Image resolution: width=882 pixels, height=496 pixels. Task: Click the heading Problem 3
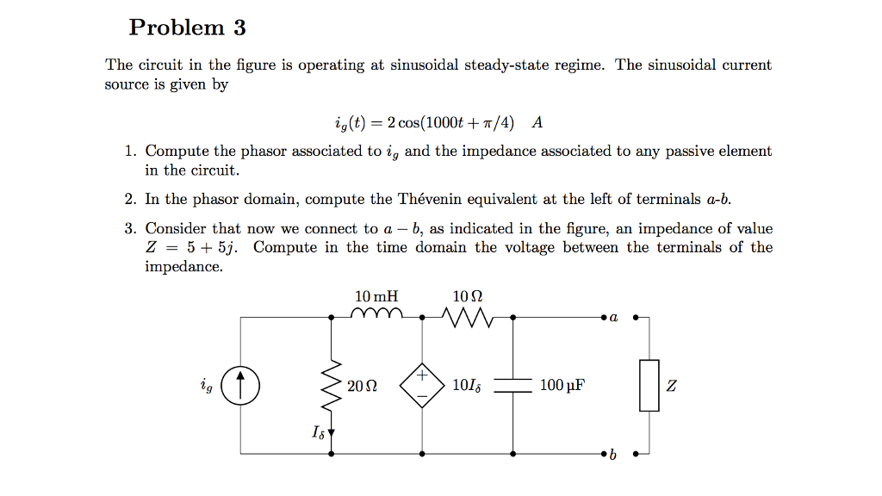187,28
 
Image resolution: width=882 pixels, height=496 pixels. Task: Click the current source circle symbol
240,385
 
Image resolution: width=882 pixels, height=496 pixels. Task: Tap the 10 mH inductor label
376,296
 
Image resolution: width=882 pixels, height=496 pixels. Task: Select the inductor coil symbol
376,313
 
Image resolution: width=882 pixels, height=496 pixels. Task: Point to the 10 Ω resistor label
467,296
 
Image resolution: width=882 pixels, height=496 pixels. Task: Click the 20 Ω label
361,385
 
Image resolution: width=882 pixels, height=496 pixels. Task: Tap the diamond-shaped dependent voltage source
422,385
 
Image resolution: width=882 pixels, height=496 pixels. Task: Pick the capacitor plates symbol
513,385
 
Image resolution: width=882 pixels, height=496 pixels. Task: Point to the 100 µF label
562,385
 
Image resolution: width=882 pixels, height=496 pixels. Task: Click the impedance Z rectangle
649,385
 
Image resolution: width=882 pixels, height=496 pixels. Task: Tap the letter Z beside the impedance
672,385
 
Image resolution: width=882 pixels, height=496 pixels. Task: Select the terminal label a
614,318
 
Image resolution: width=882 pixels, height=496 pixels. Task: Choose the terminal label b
613,455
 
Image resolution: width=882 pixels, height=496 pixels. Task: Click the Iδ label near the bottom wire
318,431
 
